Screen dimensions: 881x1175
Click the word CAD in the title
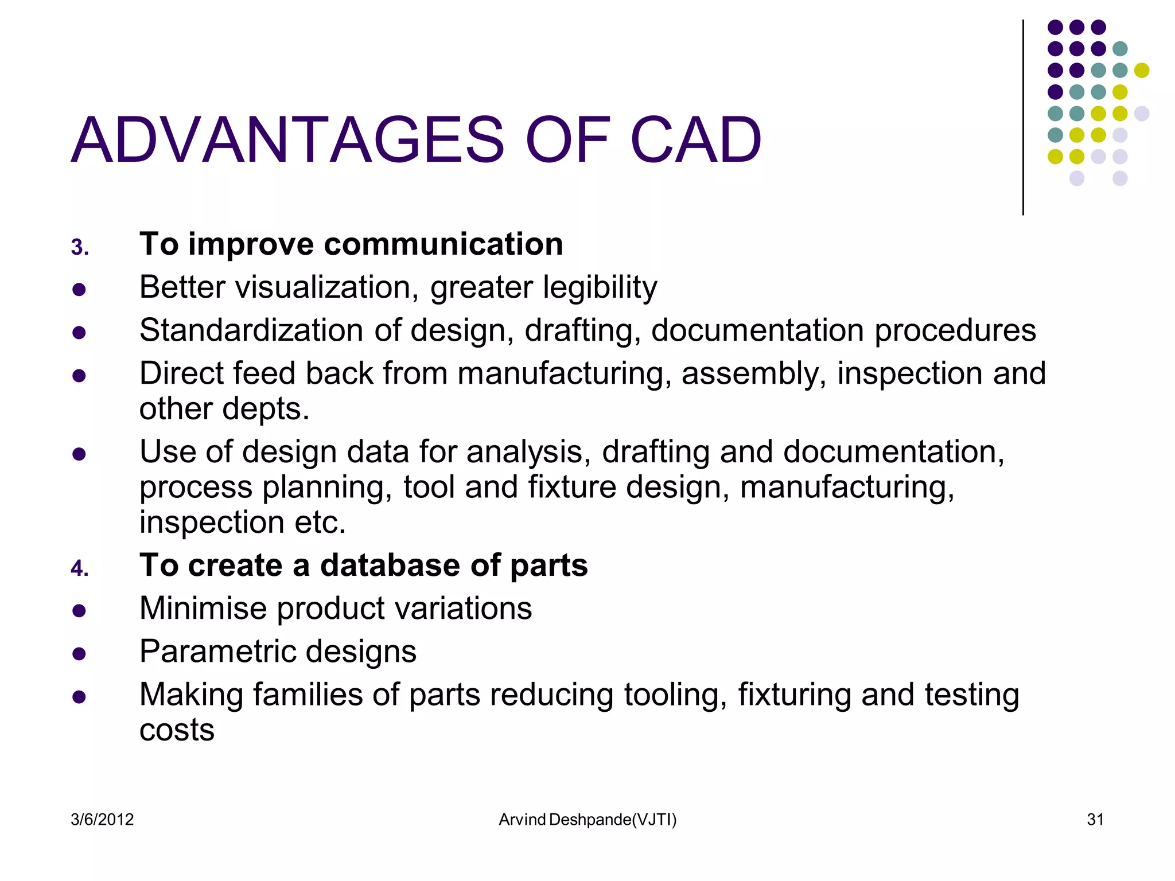pyautogui.click(x=695, y=141)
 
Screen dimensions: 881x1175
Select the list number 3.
pyautogui.click(x=79, y=248)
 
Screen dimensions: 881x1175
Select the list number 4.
pyautogui.click(x=79, y=569)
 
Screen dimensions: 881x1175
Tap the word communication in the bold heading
pyautogui.click(x=443, y=244)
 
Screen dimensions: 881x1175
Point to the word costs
pyautogui.click(x=177, y=730)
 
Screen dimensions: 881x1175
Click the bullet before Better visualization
pyautogui.click(x=79, y=289)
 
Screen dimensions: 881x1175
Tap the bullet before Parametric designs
pyautogui.click(x=79, y=654)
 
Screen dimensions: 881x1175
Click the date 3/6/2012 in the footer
pyautogui.click(x=102, y=820)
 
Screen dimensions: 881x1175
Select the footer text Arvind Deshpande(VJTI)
pyautogui.click(x=587, y=820)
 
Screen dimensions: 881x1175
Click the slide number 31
pyautogui.click(x=1095, y=820)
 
